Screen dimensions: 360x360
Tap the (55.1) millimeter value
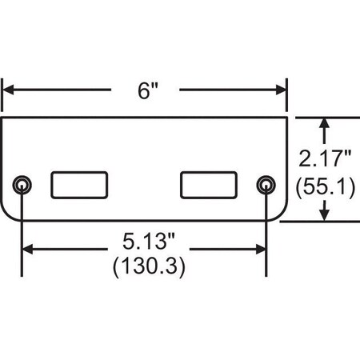tap(325, 188)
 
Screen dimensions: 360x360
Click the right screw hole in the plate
tap(266, 186)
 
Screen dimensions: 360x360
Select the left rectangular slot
tap(80, 185)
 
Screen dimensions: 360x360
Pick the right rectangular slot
tap(210, 185)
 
